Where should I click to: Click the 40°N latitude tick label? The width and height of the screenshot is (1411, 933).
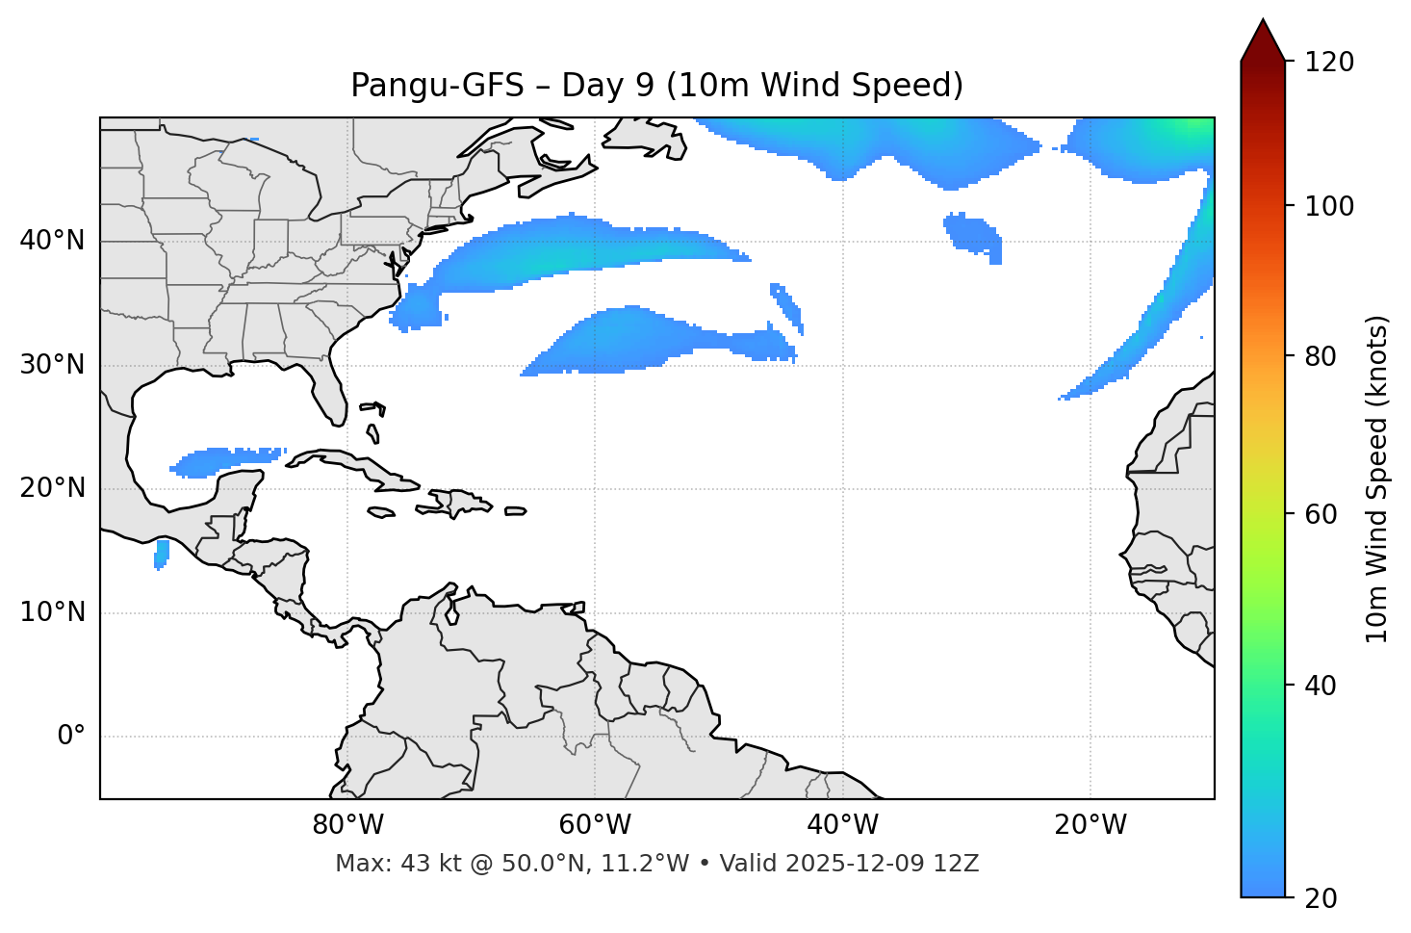(x=52, y=241)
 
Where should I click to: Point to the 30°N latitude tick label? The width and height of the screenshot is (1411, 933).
(x=52, y=365)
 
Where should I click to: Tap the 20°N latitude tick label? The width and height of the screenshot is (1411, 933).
(x=52, y=488)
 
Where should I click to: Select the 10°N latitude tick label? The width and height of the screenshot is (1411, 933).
(x=52, y=612)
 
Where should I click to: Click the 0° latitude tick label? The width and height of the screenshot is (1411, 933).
(x=71, y=737)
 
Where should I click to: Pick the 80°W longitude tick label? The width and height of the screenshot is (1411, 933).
(x=347, y=825)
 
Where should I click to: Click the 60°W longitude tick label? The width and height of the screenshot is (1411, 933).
(x=595, y=825)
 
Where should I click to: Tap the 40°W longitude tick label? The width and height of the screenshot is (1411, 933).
(x=842, y=825)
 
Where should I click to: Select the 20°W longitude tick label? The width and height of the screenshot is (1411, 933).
(x=1090, y=825)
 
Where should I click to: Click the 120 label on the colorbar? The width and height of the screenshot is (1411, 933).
(x=1328, y=63)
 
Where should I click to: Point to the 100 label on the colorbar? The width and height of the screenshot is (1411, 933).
(x=1328, y=206)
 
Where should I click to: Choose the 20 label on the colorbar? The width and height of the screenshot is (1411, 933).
(x=1321, y=898)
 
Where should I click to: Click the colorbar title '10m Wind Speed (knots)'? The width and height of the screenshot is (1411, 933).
(x=1377, y=479)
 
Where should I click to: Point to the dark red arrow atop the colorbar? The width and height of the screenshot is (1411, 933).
(x=1263, y=41)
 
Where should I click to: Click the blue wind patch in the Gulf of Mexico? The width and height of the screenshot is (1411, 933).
(x=226, y=459)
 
